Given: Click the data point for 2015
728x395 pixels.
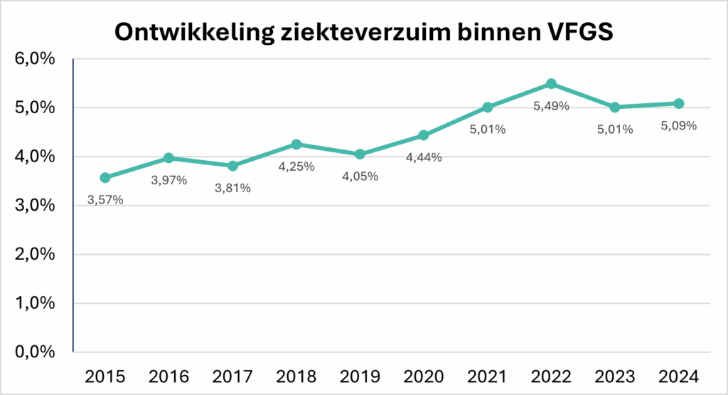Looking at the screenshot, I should coord(105,178).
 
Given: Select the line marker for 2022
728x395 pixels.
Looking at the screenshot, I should coord(551,84).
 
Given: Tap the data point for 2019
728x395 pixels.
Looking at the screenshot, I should coord(360,154).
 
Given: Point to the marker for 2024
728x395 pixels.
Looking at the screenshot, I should coord(679,104).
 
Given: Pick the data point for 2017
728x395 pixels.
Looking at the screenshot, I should coord(232,166).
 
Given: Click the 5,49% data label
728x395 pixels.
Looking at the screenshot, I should coord(551,107).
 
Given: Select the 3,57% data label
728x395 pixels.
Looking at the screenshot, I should coord(105,200).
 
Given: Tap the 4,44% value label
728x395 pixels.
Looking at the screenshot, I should coord(424,158).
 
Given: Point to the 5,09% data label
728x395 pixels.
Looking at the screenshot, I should coord(679,127).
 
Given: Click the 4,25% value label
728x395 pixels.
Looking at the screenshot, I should coord(296,167).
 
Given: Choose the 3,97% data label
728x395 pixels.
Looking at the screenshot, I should coord(169,181).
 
